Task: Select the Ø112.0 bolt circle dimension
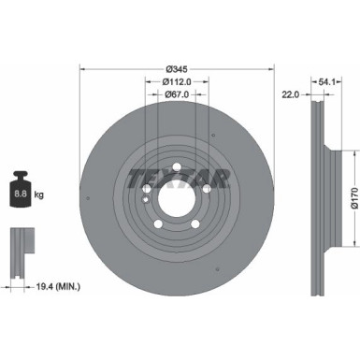pos(178,82)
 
